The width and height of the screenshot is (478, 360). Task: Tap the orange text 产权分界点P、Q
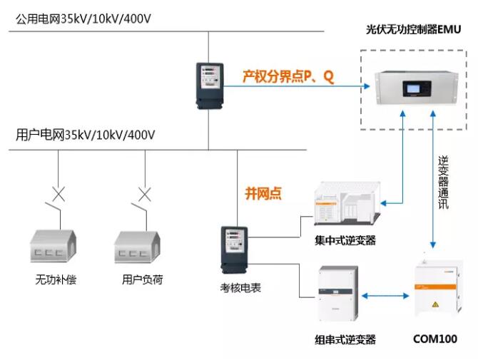[x=288, y=76]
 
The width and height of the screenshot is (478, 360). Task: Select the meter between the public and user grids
[x=210, y=85]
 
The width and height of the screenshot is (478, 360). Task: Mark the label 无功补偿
[x=56, y=279]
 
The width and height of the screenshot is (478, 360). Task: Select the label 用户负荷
[x=142, y=279]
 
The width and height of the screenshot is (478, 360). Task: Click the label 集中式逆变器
[x=345, y=241]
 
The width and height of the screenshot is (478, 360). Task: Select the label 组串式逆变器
[x=345, y=339]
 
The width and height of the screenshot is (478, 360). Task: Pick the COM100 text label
[x=435, y=339]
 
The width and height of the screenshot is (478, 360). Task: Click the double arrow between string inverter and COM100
[x=386, y=294]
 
